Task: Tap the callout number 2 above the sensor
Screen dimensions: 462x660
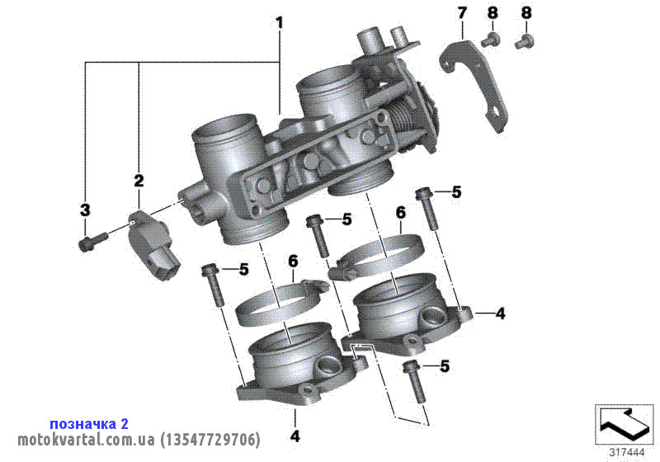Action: pos(139,180)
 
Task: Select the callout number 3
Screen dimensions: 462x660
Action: pos(84,210)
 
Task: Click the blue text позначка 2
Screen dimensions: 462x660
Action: pos(89,423)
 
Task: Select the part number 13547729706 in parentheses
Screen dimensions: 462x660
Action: pos(210,439)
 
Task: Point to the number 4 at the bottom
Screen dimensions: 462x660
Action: pos(294,434)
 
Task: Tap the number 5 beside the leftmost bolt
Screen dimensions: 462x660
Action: pos(243,269)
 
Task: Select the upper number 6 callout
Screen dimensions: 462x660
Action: pos(400,212)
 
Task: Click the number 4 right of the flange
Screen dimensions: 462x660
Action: pos(500,313)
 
